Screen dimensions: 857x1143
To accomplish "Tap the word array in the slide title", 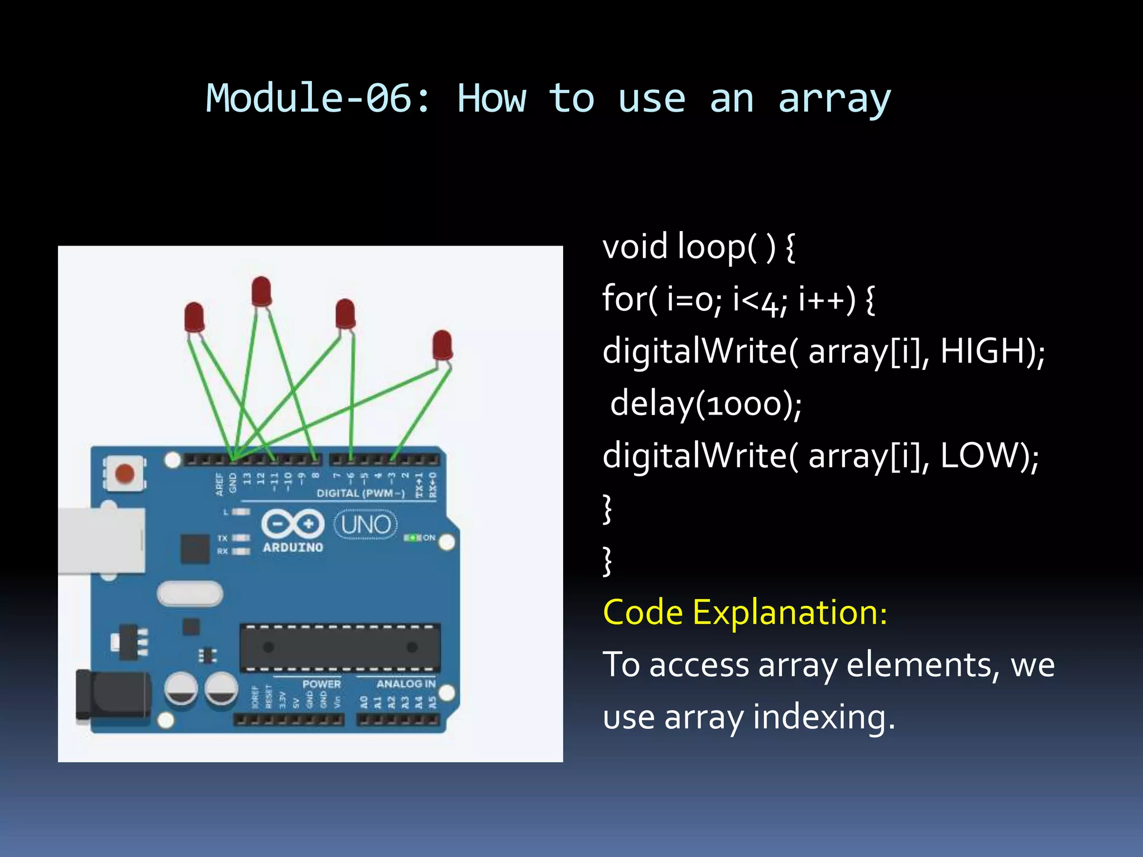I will click(x=834, y=99).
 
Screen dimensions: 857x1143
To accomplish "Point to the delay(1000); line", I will click(x=705, y=404).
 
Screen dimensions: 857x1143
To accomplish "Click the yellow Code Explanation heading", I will click(x=745, y=613).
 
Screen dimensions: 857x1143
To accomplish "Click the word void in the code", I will click(x=635, y=247).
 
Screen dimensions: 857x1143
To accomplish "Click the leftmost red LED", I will click(x=194, y=317).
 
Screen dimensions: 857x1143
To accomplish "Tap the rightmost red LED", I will click(x=442, y=345).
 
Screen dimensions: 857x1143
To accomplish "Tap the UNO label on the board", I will click(x=366, y=525).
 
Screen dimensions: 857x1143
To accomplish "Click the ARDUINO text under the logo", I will click(x=292, y=547).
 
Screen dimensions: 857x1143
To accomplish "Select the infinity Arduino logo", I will click(x=292, y=524).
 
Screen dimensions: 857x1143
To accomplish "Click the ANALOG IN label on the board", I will click(x=405, y=683).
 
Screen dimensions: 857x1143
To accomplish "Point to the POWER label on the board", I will click(x=321, y=683).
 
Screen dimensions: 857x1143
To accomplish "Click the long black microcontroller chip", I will click(x=340, y=648).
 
